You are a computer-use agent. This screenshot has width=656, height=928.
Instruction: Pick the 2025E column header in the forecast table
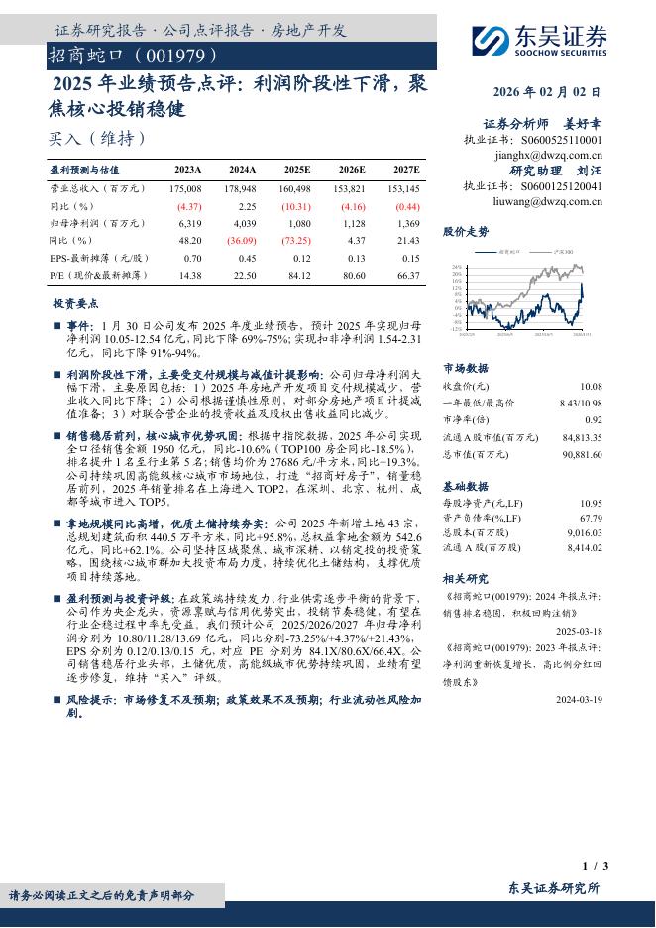coord(296,170)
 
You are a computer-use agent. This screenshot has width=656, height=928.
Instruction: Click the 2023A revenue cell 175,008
coord(185,188)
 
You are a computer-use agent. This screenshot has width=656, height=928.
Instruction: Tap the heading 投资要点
coord(76,303)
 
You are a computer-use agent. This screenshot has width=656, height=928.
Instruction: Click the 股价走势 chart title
coord(466,232)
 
